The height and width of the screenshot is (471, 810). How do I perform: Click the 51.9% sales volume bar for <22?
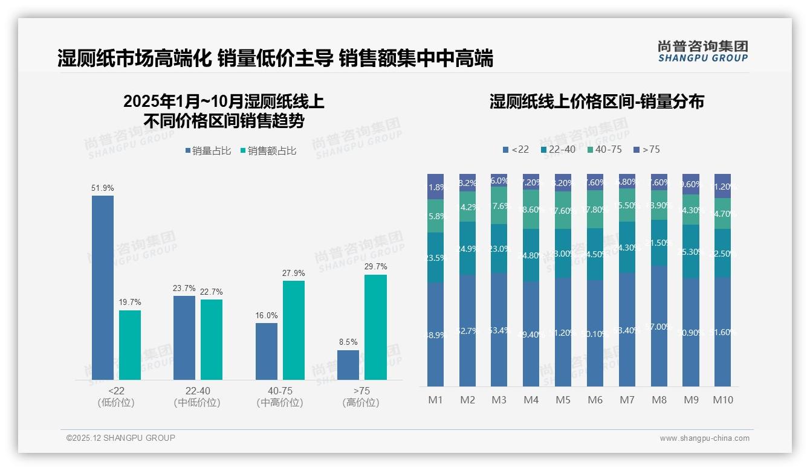coord(103,287)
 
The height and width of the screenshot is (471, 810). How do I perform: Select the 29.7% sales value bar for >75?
coord(375,327)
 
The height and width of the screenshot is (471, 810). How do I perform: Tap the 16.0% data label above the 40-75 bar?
coord(266,315)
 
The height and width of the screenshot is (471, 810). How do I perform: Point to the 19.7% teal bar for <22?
coord(130,345)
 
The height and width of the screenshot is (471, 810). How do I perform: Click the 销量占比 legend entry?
coord(208,151)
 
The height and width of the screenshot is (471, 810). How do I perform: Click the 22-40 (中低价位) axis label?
coord(197,397)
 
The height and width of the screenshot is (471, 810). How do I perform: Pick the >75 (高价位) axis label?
coord(361,397)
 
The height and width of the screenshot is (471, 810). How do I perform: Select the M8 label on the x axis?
coord(659,400)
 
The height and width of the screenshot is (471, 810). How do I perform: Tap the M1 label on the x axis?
coord(435,400)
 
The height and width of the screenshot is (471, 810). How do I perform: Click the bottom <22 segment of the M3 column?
coord(499,329)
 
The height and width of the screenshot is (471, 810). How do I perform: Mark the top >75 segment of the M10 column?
coord(722,186)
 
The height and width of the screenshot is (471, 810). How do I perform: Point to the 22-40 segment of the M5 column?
coord(563,254)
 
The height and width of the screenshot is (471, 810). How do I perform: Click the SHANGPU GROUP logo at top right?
coord(703,51)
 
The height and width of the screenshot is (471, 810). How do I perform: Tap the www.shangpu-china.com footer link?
coord(704,438)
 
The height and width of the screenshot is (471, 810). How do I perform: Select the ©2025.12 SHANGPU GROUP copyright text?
coord(121,438)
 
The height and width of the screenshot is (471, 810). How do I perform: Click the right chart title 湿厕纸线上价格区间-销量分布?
coord(597,101)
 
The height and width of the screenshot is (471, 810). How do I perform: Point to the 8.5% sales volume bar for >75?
coord(348,365)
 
